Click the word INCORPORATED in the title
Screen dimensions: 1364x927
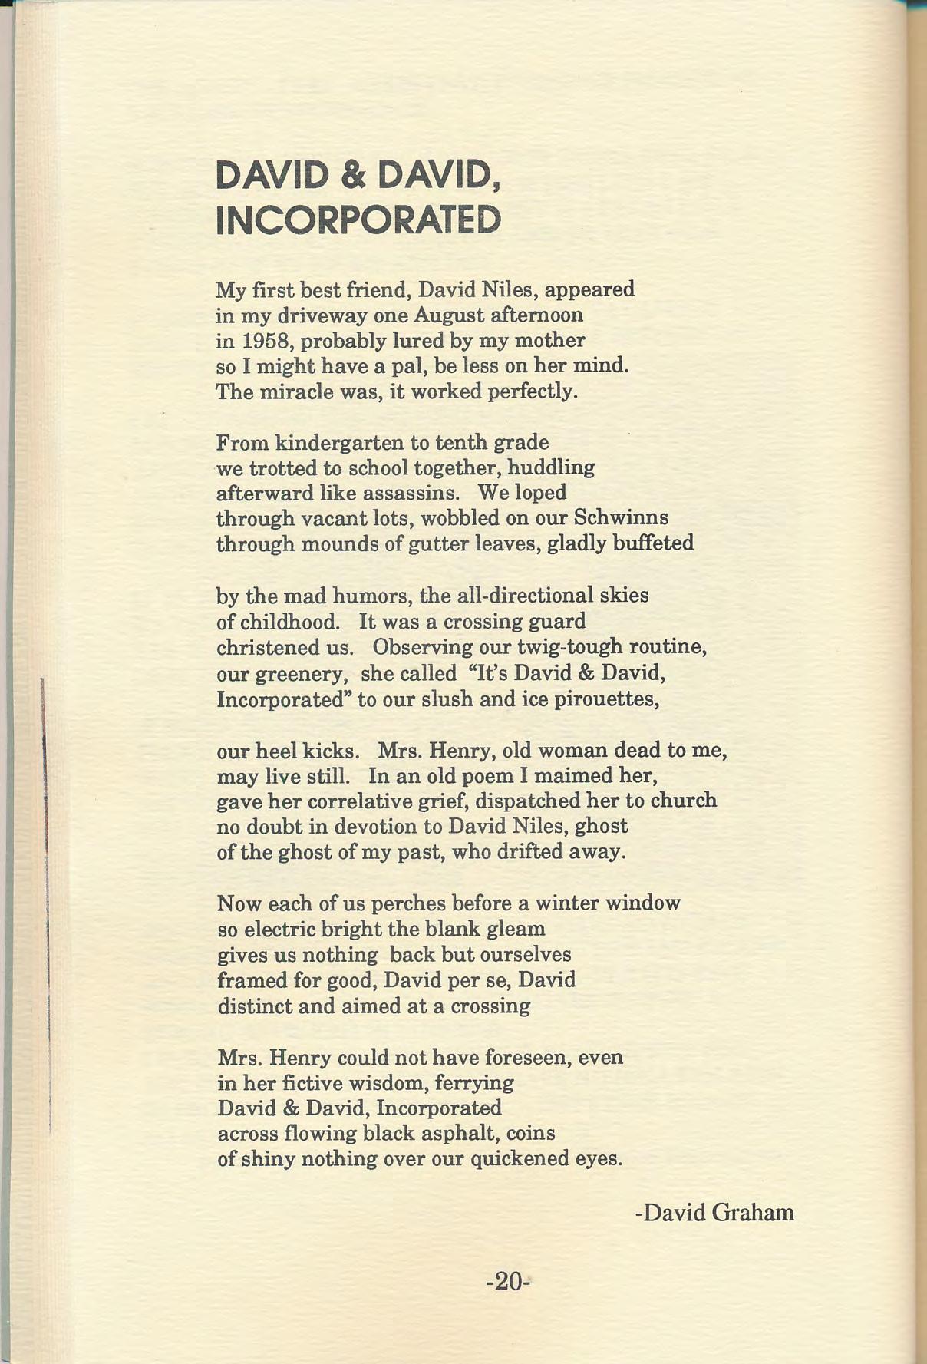[x=358, y=220]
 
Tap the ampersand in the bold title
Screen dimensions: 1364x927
[x=354, y=175]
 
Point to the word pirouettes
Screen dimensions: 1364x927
[x=608, y=700]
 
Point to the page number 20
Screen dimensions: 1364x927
[x=508, y=1281]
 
